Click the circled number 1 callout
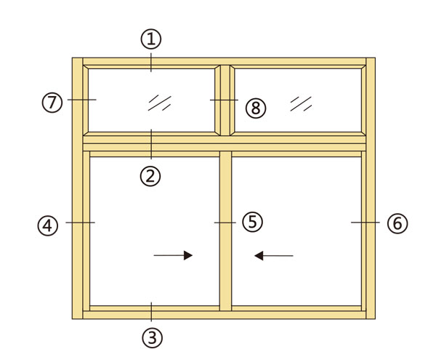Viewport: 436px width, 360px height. pos(151,39)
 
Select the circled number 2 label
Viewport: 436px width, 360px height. pos(150,176)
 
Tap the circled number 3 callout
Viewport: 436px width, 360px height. pos(152,337)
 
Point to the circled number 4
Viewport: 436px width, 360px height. pos(48,225)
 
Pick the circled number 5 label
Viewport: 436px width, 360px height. pos(252,222)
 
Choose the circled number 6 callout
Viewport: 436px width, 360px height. pos(397,223)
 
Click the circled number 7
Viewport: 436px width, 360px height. pos(52,103)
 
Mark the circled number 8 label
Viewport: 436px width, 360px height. pos(256,108)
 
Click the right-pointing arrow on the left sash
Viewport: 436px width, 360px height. pos(173,255)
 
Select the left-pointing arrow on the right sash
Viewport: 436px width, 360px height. pos(274,255)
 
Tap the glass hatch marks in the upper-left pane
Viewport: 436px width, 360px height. pos(160,103)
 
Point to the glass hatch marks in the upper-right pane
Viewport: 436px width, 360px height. pos(301,104)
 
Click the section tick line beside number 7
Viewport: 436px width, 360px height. pos(81,100)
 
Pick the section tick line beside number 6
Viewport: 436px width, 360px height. pos(366,223)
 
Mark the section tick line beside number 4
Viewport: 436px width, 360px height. pos(80,223)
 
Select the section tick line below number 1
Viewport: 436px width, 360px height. pos(151,63)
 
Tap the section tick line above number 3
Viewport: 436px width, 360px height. pos(151,311)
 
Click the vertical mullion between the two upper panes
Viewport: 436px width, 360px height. pos(225,100)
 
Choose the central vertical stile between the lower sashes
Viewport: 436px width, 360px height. pos(225,231)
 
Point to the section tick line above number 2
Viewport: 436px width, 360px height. pos(151,144)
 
